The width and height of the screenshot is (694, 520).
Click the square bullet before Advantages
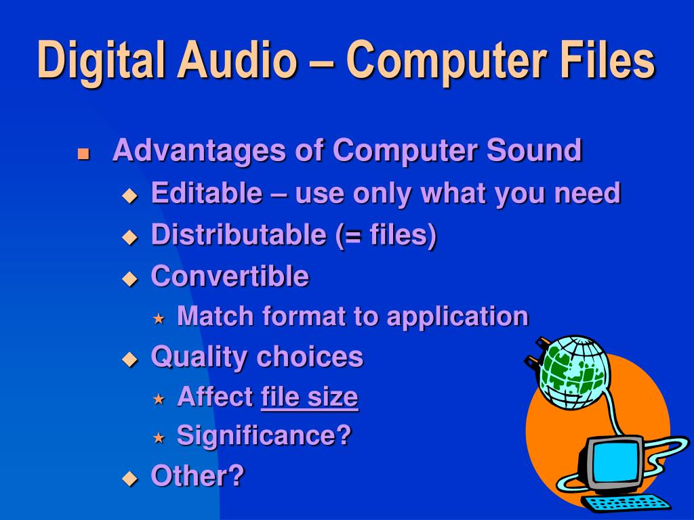(83, 153)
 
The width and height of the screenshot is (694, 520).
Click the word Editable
(206, 194)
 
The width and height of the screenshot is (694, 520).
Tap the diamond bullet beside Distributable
(129, 237)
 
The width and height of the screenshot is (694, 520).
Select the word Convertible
(230, 276)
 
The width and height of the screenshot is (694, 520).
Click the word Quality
(197, 357)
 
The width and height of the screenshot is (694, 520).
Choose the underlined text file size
(309, 397)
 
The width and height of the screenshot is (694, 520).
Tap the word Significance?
(264, 435)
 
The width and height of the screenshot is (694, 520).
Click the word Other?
(197, 475)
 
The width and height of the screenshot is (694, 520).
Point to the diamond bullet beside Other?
(129, 478)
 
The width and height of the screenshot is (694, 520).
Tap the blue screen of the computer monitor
(613, 461)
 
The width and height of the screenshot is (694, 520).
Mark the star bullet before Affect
(159, 399)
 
